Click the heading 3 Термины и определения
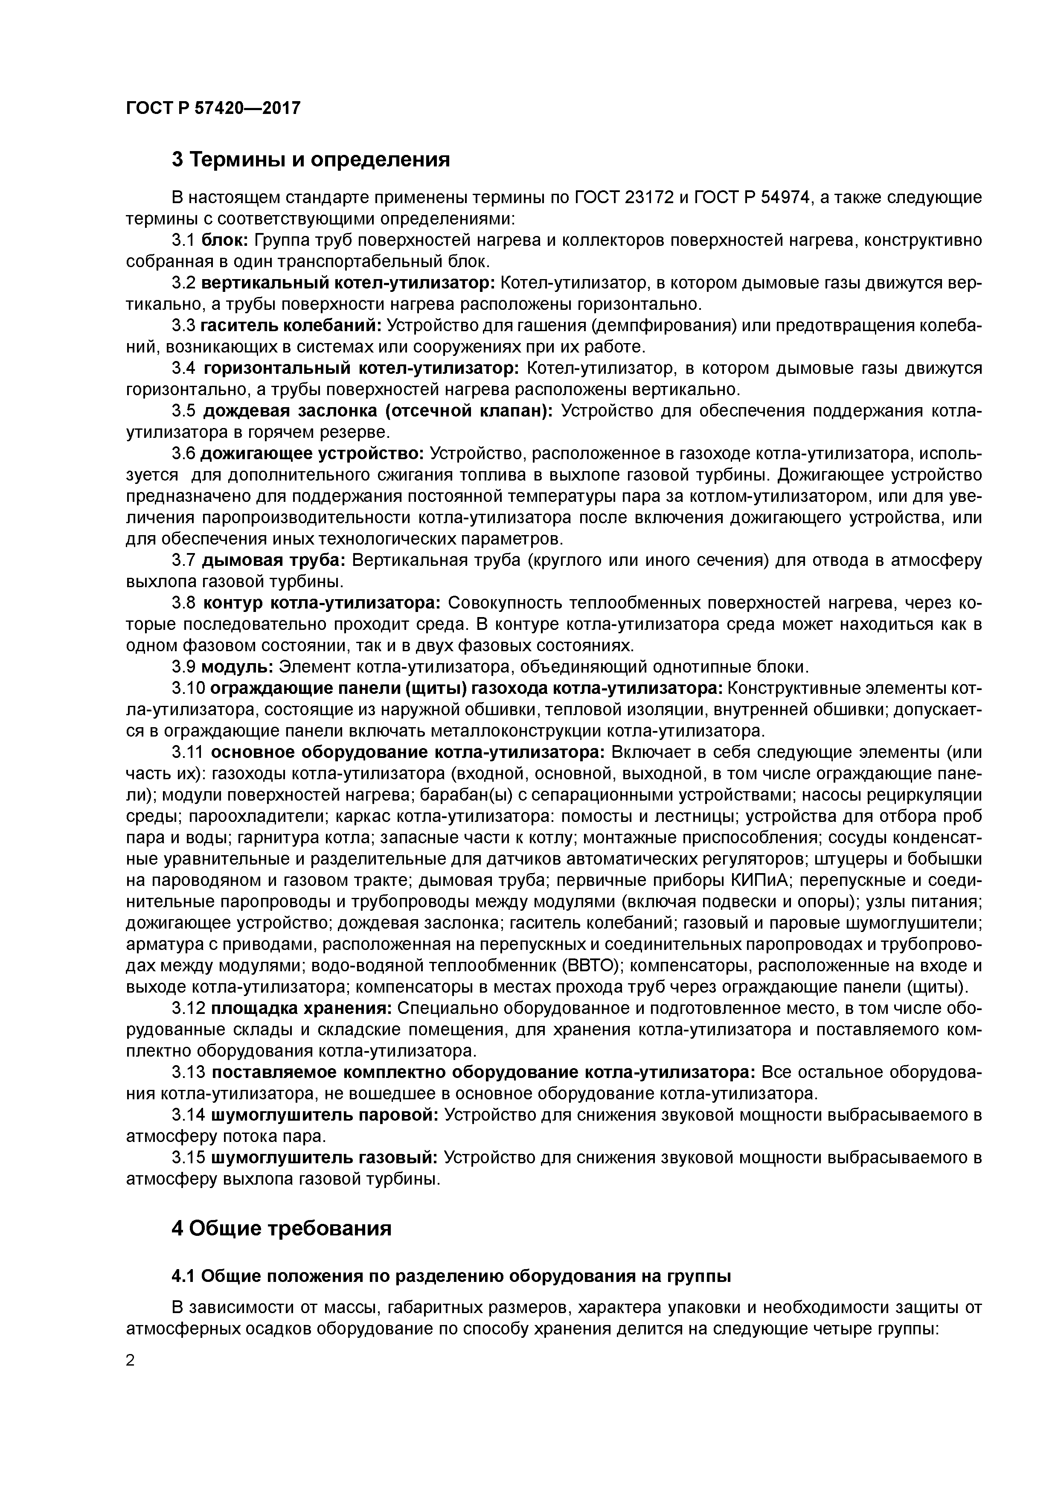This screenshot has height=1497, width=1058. (310, 159)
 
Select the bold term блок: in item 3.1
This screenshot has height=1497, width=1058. (224, 241)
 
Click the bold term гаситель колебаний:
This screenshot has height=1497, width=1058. (291, 326)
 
